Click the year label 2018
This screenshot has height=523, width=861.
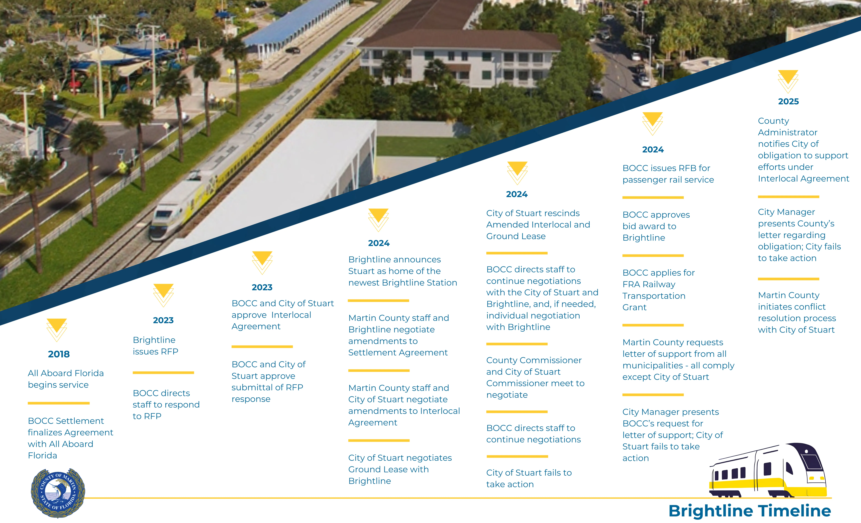click(59, 354)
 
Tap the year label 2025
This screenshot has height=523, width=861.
click(788, 101)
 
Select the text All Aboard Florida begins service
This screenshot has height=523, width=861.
click(66, 379)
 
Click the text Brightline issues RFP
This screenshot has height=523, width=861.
click(156, 346)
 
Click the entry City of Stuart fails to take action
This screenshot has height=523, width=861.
click(529, 478)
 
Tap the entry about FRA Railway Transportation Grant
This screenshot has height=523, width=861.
click(658, 290)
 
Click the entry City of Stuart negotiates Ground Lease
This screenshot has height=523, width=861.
click(400, 469)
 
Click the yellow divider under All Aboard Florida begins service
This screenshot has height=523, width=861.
click(59, 403)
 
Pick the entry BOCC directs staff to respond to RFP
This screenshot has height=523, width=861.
click(166, 404)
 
